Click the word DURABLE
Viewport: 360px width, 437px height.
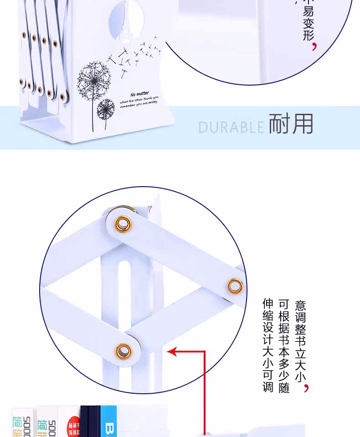point(231,127)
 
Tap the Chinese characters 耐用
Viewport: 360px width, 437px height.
point(291,123)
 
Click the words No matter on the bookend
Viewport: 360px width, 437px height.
point(139,94)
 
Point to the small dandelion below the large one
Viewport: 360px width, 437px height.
point(106,109)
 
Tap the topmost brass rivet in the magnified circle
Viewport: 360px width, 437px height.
point(122,224)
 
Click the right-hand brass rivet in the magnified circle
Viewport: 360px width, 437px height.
point(235,286)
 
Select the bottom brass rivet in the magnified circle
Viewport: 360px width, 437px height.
point(123,351)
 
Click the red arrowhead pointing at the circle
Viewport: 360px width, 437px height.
point(172,351)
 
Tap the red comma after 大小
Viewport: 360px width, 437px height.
point(306,387)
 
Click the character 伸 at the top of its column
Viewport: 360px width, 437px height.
point(267,304)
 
